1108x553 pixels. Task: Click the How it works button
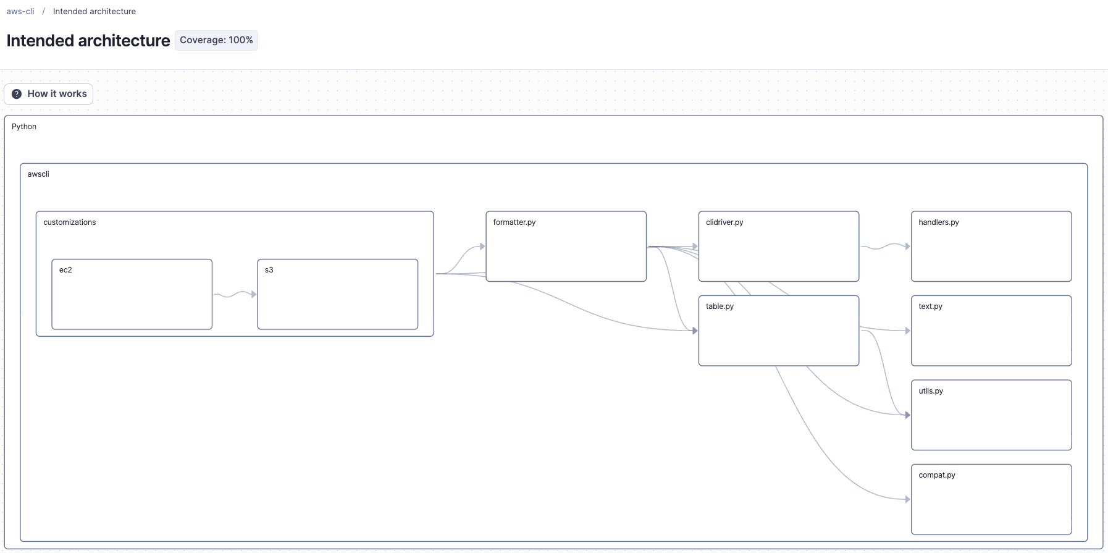pos(49,94)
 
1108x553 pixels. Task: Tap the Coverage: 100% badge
pos(216,40)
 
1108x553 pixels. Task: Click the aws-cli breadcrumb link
pos(20,11)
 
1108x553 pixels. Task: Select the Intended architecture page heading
pos(88,41)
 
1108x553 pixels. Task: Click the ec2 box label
pos(65,270)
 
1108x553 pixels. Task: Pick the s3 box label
pos(269,270)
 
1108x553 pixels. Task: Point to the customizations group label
pos(70,222)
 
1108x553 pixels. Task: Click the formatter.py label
pos(514,222)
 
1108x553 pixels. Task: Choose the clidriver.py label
pos(724,222)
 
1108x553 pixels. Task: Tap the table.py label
pos(720,306)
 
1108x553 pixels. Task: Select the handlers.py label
pos(939,222)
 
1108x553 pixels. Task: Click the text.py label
pos(930,306)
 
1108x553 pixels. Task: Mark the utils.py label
pos(931,391)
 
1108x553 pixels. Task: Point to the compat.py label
pos(937,475)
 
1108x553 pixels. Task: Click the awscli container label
pos(38,174)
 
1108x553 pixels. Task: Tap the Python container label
pos(24,127)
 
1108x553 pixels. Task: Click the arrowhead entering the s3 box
pos(253,294)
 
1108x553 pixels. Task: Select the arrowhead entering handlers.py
pos(907,247)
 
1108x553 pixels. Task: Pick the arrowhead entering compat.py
pos(907,499)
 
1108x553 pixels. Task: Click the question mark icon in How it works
pos(17,94)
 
